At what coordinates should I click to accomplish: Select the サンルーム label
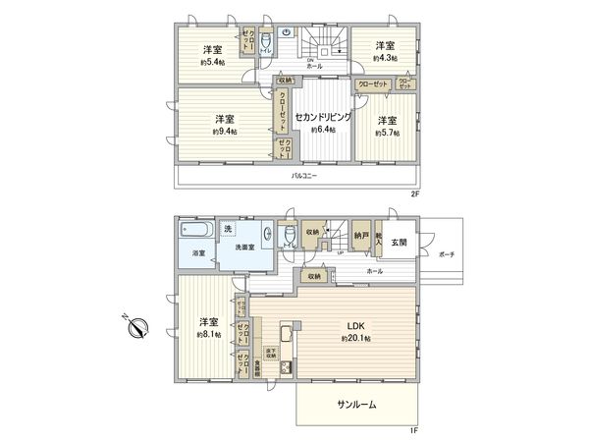357,404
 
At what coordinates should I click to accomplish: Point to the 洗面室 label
245,248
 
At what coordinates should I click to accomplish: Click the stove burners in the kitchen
286,368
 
